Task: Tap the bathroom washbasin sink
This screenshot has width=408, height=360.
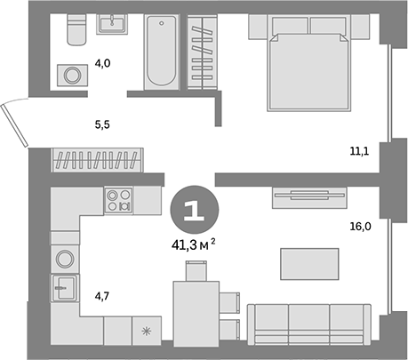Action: tap(113, 25)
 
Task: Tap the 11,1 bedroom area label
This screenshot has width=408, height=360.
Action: tap(360, 152)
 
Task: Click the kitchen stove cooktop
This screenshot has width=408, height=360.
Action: tap(117, 201)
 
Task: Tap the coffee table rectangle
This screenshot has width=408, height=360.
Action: tap(309, 263)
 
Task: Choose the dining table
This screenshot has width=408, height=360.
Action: tap(194, 308)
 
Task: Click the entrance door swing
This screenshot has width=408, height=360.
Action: tap(15, 124)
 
